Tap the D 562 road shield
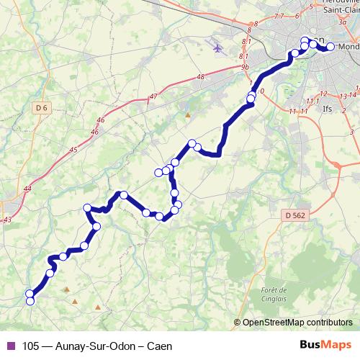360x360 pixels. pos(293,215)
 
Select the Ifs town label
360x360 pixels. pos(328,109)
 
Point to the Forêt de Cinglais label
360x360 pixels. pos(269,294)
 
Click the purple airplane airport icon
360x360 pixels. pos(217,48)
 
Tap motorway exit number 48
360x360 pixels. pos(200,76)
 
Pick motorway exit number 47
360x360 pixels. pos(153,96)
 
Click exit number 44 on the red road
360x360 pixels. pos(27,189)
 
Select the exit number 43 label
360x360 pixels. pos(8,219)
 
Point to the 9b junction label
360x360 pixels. pos(245,67)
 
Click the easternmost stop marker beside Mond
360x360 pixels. pos(330,48)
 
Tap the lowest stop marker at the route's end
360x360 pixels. pos(30,302)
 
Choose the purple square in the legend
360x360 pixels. pos(9,345)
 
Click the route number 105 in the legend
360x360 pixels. pos(31,345)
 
